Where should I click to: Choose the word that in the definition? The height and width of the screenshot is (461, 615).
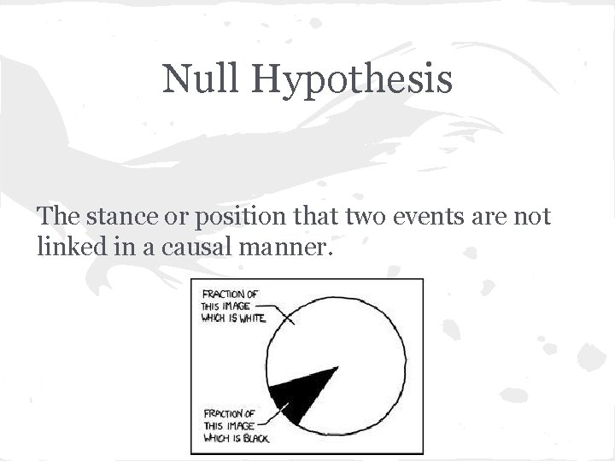(323, 219)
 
